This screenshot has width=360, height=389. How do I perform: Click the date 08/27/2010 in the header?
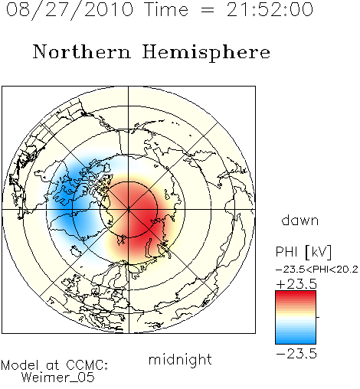70,10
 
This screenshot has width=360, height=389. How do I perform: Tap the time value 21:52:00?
270,9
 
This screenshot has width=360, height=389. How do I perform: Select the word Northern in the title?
82,51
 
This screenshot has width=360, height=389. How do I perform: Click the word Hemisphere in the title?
206,53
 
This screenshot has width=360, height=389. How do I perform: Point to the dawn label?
300,220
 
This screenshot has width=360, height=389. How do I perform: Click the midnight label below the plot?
180,360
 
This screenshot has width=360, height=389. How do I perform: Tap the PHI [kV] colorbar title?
304,252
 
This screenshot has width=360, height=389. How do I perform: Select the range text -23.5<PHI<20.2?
317,269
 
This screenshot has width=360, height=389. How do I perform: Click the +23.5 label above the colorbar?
296,284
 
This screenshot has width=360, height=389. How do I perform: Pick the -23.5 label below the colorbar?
296,354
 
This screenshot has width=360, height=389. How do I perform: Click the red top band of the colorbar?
296,294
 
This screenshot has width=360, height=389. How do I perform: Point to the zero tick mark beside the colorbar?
318,317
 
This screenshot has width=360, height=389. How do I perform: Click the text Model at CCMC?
54,365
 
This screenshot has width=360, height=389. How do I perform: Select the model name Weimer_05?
58,378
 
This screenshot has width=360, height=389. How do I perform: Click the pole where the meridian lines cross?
129,210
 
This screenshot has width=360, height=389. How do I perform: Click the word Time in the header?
166,9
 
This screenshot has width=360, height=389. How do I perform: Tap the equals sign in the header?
208,11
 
